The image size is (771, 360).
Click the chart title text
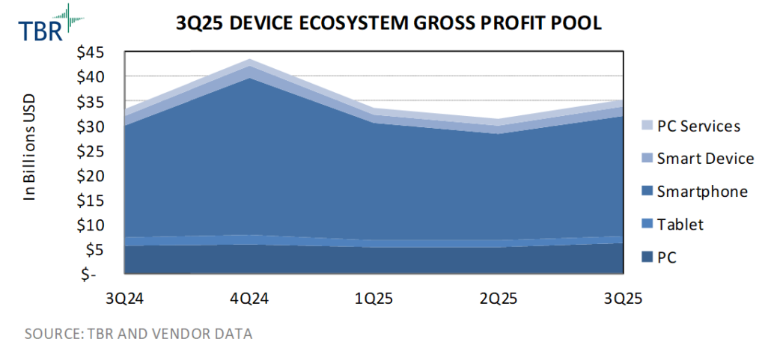pyautogui.click(x=388, y=23)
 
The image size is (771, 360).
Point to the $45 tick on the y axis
pyautogui.click(x=96, y=52)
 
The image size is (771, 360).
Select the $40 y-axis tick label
pyautogui.click(x=96, y=76)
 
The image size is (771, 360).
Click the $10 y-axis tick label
pyautogui.click(x=96, y=225)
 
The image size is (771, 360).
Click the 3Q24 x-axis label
pyautogui.click(x=126, y=299)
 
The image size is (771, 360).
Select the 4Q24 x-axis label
pyautogui.click(x=249, y=299)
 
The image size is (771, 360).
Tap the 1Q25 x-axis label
pyautogui.click(x=374, y=299)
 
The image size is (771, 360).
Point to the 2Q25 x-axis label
pyautogui.click(x=499, y=299)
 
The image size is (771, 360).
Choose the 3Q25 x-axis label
pyautogui.click(x=623, y=299)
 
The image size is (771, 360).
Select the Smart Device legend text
pyautogui.click(x=705, y=159)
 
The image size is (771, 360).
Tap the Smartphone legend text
pyautogui.click(x=702, y=192)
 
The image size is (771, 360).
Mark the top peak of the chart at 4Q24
pyautogui.click(x=249, y=59)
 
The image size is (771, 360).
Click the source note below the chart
pyautogui.click(x=138, y=334)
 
